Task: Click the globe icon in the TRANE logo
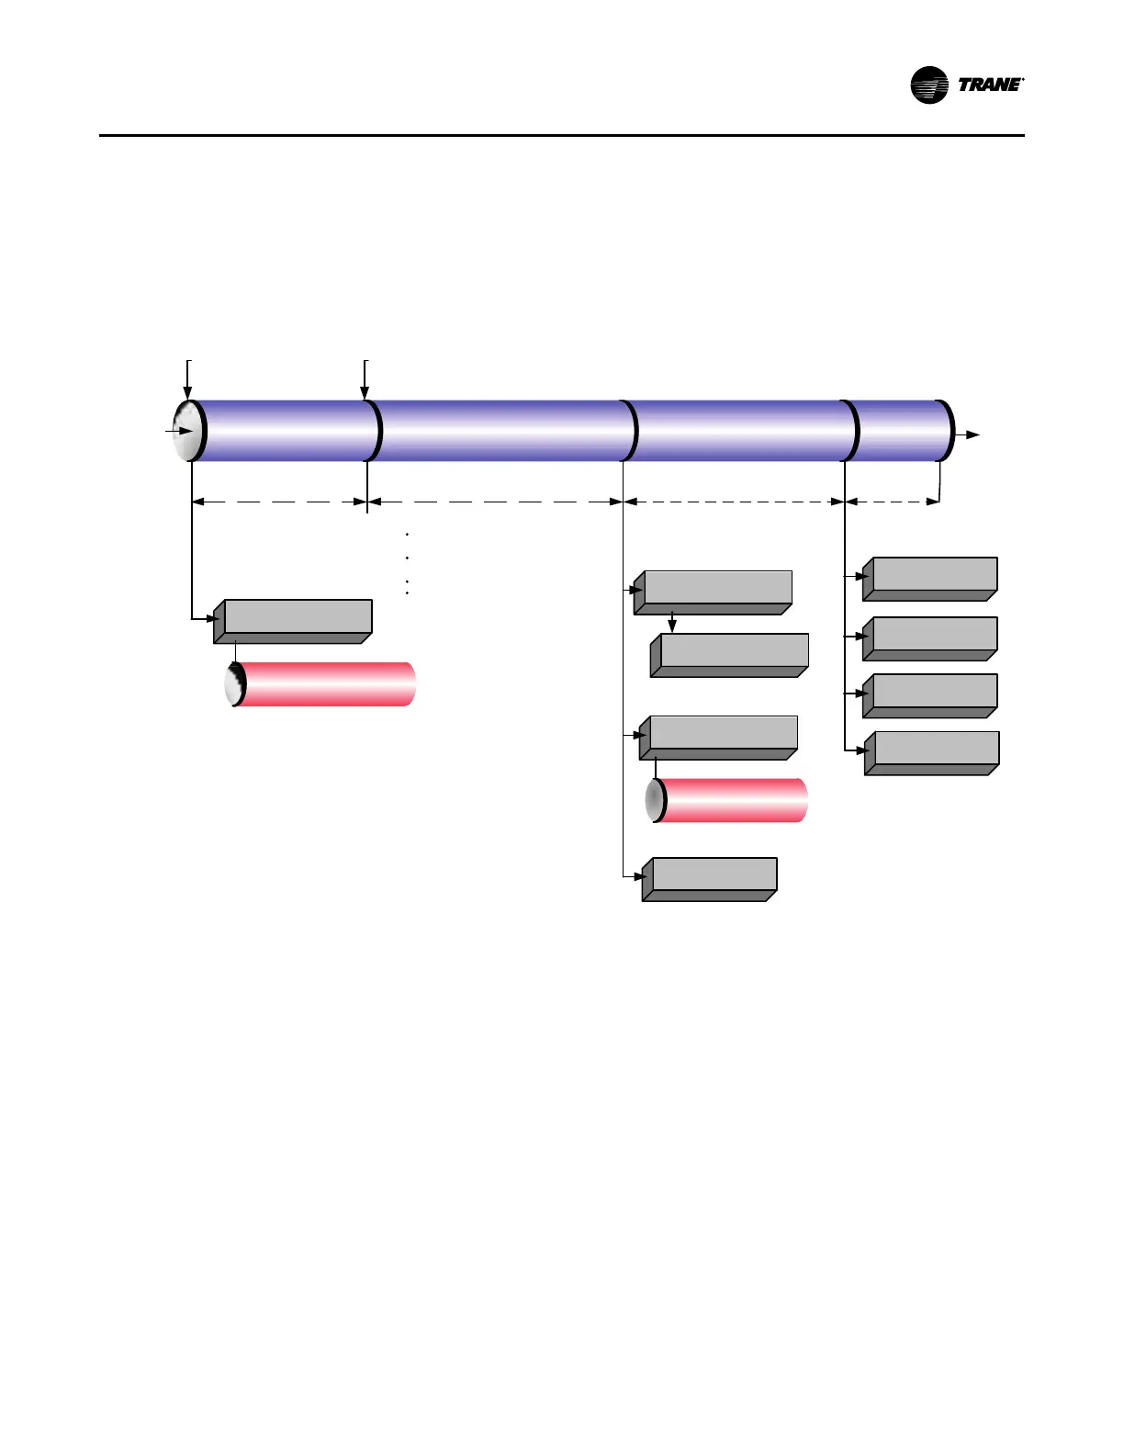pos(928,85)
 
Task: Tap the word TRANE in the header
pos(990,85)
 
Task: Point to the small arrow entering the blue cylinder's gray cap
pos(180,430)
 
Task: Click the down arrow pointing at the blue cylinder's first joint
pos(365,381)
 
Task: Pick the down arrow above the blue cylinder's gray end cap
pos(188,381)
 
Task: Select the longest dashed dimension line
pos(495,502)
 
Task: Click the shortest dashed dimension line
pos(892,502)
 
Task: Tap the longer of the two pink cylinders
pos(321,684)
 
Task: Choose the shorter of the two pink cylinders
pos(730,800)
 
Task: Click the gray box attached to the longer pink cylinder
pos(294,620)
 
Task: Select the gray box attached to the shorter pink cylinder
pos(719,737)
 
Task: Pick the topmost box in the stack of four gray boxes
pos(931,578)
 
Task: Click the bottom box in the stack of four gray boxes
pos(933,752)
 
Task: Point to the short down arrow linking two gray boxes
pos(672,623)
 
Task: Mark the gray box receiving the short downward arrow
pos(731,654)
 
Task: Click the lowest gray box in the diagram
pos(711,878)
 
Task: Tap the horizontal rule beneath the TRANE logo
pos(561,136)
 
